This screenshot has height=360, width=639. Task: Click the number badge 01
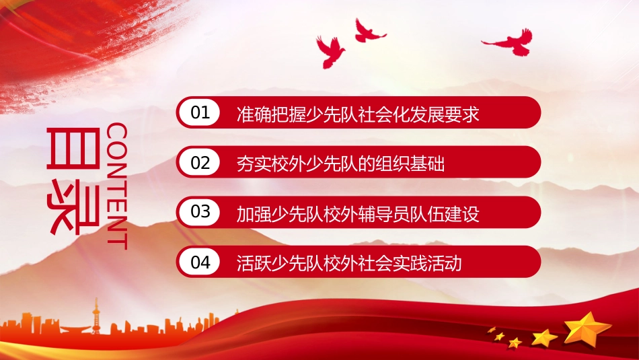click(200, 112)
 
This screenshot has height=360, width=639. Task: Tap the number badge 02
click(200, 162)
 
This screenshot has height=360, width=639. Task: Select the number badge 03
click(200, 212)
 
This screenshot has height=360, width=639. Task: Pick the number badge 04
click(200, 262)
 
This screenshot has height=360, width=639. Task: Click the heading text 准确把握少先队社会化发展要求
click(358, 114)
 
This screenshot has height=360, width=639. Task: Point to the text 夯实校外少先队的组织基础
click(340, 164)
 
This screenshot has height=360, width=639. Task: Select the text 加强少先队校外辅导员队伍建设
click(358, 214)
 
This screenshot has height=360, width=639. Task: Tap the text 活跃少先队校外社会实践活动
click(349, 263)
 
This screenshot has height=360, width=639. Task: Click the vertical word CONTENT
click(117, 186)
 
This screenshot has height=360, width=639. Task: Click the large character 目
click(73, 148)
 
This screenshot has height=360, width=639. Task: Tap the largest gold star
click(587, 328)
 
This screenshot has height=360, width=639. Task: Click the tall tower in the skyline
click(96, 316)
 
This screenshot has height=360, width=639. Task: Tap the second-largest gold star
click(544, 338)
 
